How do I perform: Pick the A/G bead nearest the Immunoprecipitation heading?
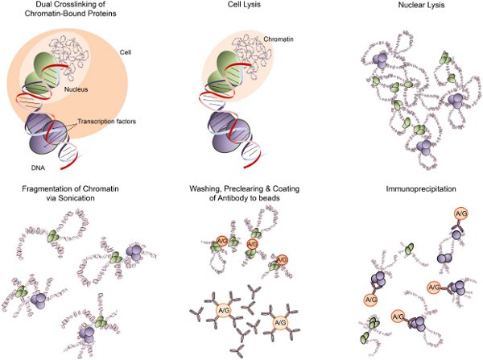[x=461, y=213]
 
